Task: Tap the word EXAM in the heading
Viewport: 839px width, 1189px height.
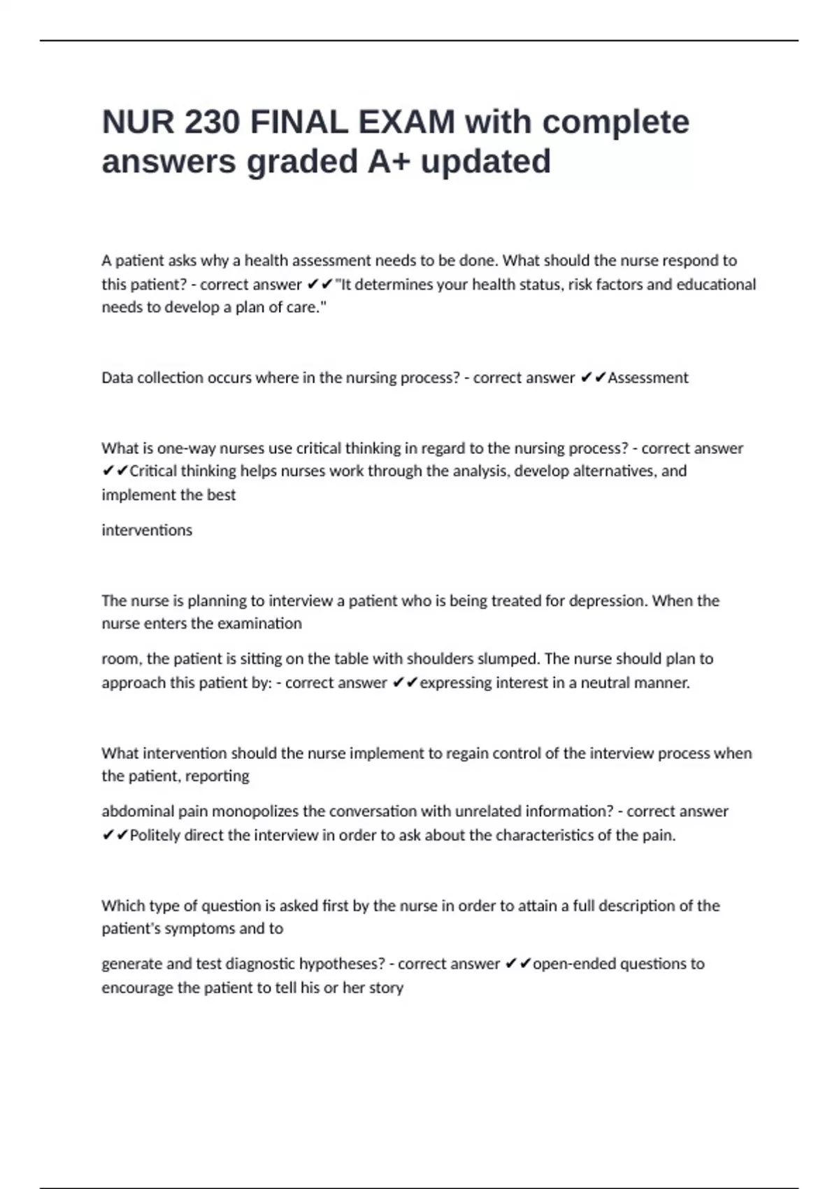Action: (407, 122)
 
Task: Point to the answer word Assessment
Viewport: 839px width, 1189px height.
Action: (648, 378)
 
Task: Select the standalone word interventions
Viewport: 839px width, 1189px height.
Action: (147, 530)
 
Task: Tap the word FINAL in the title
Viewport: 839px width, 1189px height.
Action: (299, 122)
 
